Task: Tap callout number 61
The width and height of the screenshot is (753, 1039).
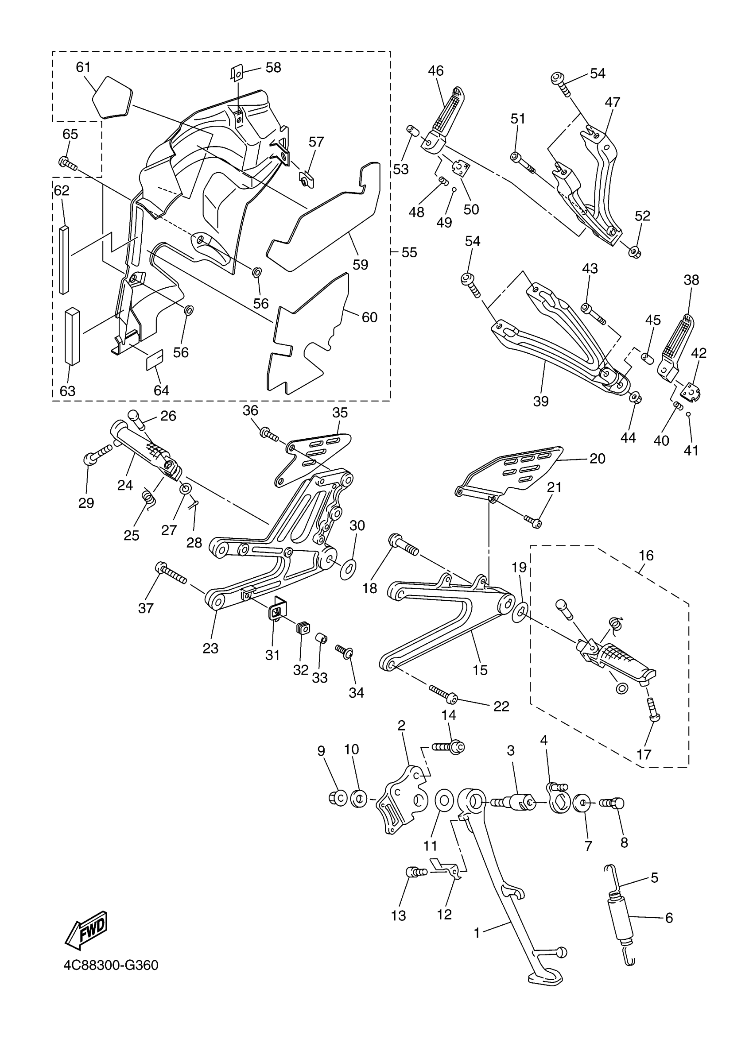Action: point(83,67)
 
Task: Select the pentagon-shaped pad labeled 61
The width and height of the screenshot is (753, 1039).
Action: point(112,97)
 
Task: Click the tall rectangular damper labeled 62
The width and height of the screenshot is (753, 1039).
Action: point(64,259)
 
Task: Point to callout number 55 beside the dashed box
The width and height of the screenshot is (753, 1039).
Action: point(409,252)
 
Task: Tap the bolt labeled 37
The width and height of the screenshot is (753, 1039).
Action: point(171,573)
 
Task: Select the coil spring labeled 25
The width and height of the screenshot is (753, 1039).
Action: point(147,498)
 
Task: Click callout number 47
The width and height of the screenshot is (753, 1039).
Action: point(612,102)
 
